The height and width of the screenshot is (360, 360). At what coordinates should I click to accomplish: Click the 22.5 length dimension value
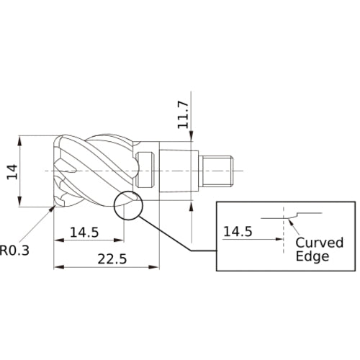[x=108, y=259]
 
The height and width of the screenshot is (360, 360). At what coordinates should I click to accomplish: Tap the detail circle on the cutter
[x=128, y=205]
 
